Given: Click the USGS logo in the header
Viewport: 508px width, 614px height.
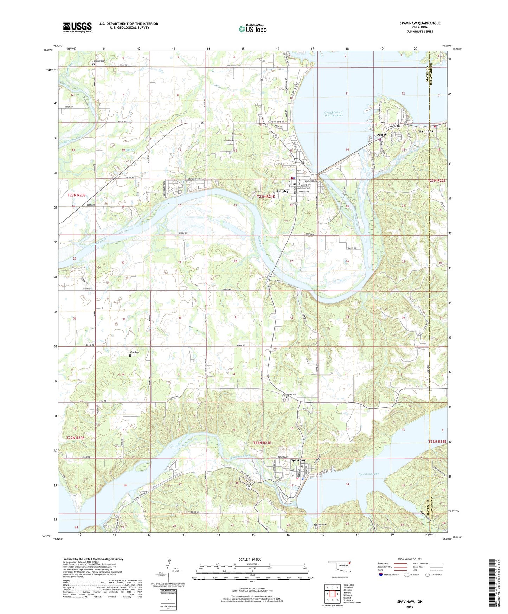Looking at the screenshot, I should click(x=77, y=27).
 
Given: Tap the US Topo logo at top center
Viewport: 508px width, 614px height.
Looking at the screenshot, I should click(x=252, y=29).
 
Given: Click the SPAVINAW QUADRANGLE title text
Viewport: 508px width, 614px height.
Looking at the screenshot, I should click(x=415, y=23).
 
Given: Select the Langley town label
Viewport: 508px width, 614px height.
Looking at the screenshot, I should click(x=282, y=191).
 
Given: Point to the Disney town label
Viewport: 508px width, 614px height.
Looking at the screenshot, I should click(x=381, y=135).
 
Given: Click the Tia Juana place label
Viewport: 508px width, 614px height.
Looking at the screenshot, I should click(x=425, y=131).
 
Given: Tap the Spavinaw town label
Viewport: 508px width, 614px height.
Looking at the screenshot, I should click(x=298, y=460).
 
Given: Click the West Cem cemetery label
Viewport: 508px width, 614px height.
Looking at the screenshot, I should click(x=135, y=352).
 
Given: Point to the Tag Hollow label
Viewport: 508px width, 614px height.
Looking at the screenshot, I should click(x=320, y=524).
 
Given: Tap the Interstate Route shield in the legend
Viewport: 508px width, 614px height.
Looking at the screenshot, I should click(x=381, y=574).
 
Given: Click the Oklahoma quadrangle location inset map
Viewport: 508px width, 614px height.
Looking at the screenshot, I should click(x=339, y=567).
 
